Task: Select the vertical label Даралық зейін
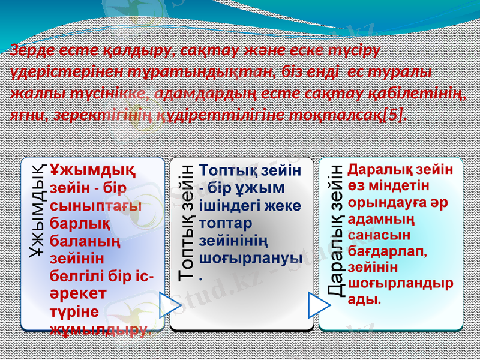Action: coord(337,230)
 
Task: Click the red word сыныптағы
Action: coord(96,206)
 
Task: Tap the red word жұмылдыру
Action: coord(98,329)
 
